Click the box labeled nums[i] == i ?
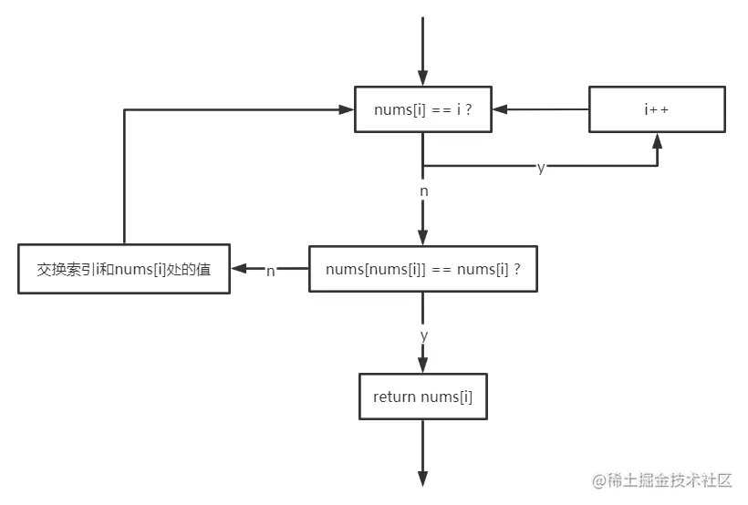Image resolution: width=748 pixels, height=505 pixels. (x=422, y=109)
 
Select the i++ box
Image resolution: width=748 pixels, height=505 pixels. (x=657, y=109)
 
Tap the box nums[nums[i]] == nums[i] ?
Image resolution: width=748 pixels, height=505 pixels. (x=423, y=269)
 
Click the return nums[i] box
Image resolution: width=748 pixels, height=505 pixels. (x=422, y=397)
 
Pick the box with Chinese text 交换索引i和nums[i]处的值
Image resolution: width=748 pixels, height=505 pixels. (x=123, y=269)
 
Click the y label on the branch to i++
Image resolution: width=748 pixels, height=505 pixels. (x=540, y=168)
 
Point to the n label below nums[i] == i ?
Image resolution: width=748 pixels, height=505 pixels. (x=423, y=191)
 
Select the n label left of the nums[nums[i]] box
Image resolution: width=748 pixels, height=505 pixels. (x=271, y=271)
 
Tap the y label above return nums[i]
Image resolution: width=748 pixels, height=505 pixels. (x=423, y=335)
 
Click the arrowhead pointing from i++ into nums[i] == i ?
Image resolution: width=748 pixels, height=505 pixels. (x=500, y=109)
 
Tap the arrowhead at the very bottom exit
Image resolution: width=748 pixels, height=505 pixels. (x=422, y=479)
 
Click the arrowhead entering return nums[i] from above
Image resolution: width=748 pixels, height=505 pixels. (x=422, y=366)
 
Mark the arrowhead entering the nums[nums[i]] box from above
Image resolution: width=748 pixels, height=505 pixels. (x=422, y=238)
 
